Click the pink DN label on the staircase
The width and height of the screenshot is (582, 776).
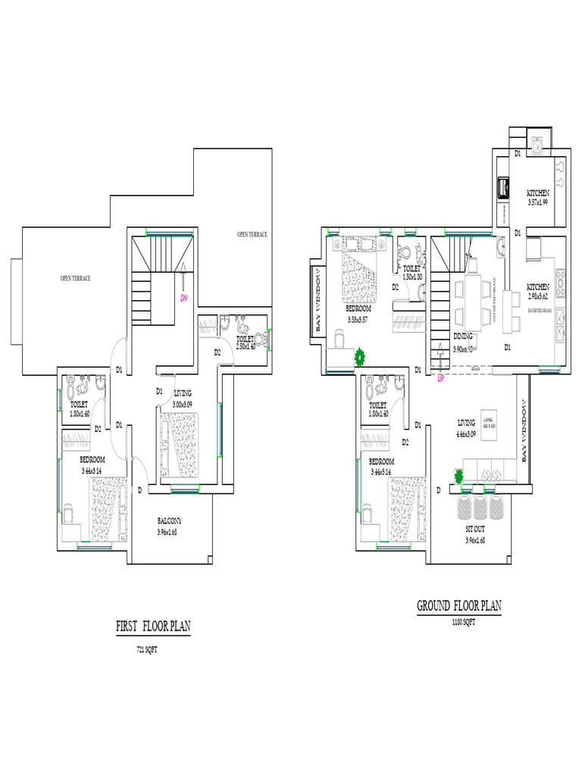click(183, 298)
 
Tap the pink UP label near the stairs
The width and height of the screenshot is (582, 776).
click(440, 377)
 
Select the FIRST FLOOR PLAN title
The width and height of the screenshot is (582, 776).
click(153, 627)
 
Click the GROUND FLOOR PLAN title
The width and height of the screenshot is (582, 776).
click(458, 606)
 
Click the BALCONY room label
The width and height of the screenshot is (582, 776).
click(169, 521)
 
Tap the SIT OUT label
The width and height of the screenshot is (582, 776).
click(475, 528)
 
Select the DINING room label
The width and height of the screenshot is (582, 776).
click(463, 336)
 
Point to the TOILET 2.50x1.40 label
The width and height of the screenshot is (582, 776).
click(245, 343)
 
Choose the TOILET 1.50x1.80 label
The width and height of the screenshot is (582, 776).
click(411, 272)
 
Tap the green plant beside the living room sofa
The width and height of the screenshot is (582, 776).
click(458, 476)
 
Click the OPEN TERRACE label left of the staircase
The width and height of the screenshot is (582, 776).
click(76, 278)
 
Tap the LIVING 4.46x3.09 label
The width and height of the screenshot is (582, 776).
click(466, 428)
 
